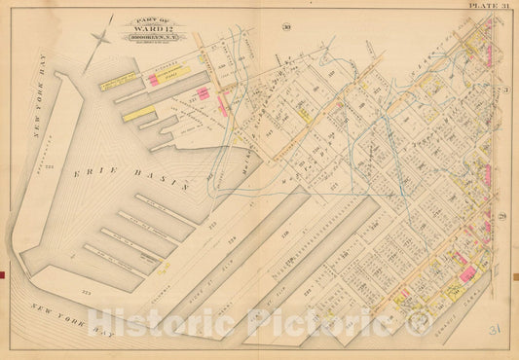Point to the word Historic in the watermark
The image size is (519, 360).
(x=163, y=324)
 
